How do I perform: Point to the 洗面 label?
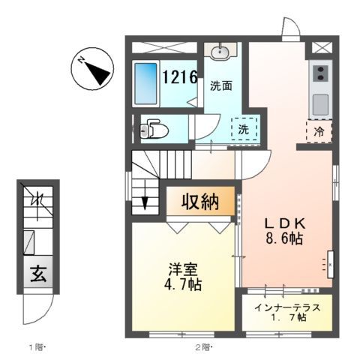click(x=220, y=85)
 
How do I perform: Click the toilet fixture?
click(x=154, y=130)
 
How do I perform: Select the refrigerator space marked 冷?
click(x=318, y=130)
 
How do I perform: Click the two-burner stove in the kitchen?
click(x=319, y=74)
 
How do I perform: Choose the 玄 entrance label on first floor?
click(x=37, y=274)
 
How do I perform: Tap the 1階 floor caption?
click(x=38, y=347)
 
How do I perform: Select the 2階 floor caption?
click(x=205, y=347)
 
